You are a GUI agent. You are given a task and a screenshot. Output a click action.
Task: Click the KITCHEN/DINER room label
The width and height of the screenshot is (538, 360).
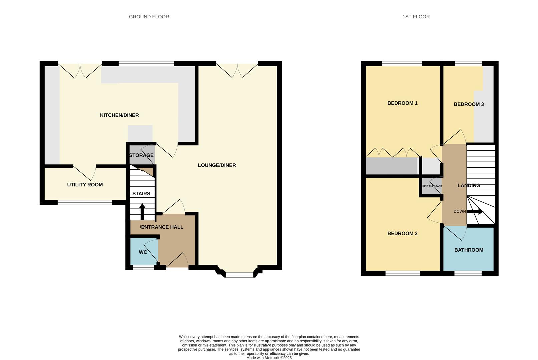tap(119, 115)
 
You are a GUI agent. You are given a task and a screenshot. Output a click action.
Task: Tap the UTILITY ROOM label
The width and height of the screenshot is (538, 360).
tap(85, 185)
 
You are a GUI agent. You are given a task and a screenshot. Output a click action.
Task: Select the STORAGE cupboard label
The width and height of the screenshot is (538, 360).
tap(141, 155)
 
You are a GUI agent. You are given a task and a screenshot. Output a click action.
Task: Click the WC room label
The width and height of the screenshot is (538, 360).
tap(143, 252)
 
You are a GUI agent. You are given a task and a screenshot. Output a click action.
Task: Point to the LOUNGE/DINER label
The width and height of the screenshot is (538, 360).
tap(217, 165)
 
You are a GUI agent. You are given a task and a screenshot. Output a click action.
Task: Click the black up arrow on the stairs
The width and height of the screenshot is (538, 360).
tap(142, 211)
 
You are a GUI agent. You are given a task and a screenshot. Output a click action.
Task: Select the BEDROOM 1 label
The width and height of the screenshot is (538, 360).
tap(402, 103)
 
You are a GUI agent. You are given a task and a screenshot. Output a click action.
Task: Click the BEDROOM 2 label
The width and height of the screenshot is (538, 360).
tap(402, 234)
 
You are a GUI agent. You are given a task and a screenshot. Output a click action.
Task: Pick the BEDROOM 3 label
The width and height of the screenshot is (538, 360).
tap(469, 104)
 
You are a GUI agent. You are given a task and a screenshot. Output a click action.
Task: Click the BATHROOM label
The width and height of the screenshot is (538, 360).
tap(469, 250)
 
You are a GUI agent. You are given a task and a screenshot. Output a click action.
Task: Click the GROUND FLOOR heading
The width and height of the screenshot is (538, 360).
tap(149, 17)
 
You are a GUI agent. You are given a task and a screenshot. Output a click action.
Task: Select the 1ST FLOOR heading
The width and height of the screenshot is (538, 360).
tap(416, 17)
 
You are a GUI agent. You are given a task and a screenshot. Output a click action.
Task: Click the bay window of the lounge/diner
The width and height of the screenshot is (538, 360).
tap(240, 275)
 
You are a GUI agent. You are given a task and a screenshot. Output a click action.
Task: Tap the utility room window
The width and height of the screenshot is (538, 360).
tap(85, 202)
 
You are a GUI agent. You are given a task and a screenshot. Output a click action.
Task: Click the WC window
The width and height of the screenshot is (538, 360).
tap(143, 267)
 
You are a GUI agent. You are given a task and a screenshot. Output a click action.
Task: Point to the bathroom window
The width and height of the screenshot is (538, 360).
tap(468, 273)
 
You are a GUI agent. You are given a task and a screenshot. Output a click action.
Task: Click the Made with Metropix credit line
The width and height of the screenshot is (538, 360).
tap(269, 358)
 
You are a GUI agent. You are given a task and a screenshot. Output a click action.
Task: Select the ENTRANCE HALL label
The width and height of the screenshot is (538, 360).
tap(162, 227)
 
